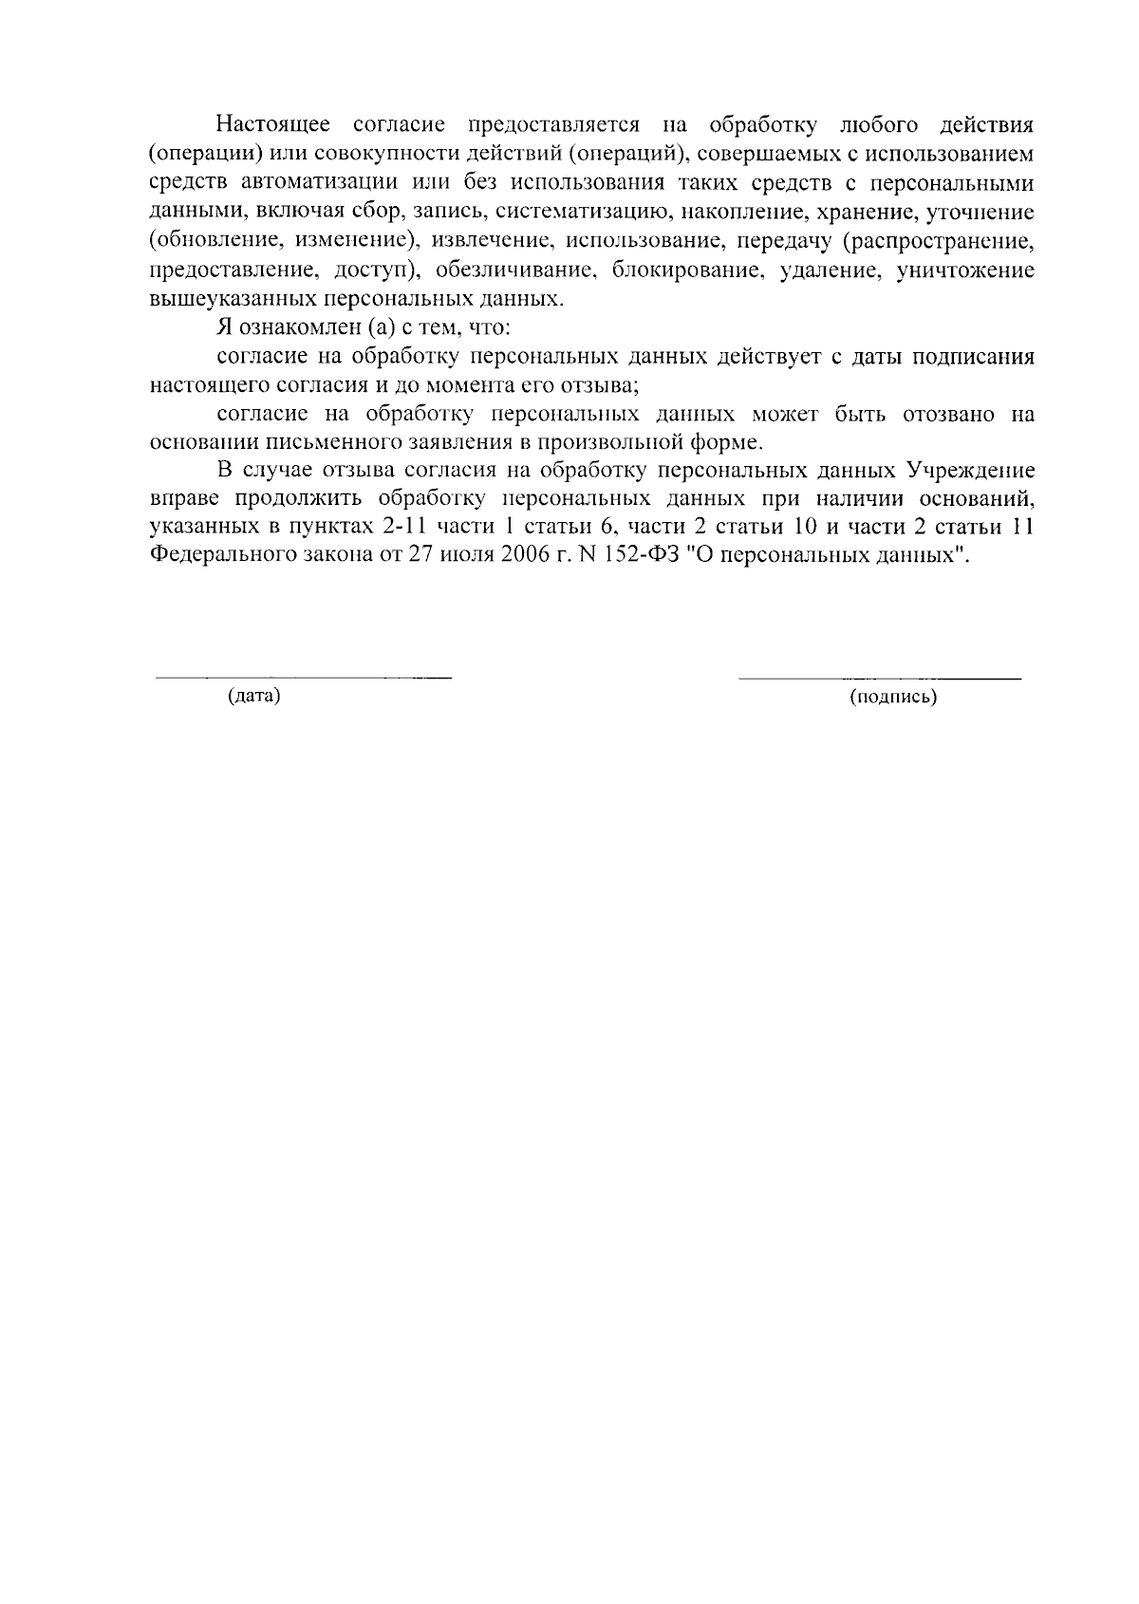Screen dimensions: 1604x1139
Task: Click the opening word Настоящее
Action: point(273,124)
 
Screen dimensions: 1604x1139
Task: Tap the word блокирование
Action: point(689,270)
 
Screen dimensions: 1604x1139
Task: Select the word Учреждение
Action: point(970,471)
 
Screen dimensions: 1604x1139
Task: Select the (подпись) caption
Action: point(893,699)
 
